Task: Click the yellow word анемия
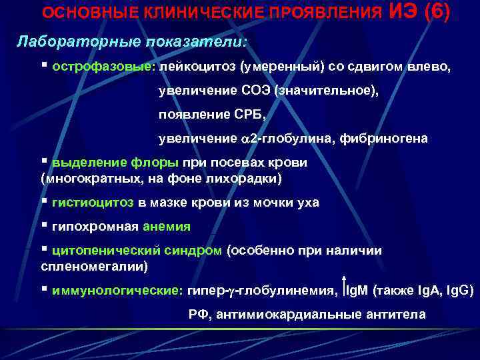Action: [166, 226]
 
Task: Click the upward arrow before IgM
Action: [344, 287]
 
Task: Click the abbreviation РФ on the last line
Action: [197, 315]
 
